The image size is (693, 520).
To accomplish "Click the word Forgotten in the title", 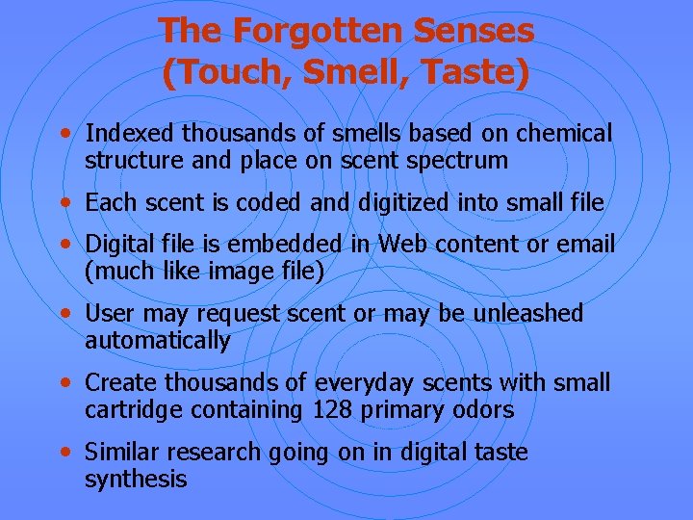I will click(x=315, y=31).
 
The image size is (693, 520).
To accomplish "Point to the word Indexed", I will click(x=128, y=133).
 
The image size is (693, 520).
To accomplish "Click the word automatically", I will click(x=158, y=341).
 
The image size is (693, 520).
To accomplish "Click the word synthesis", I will click(x=136, y=480).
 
